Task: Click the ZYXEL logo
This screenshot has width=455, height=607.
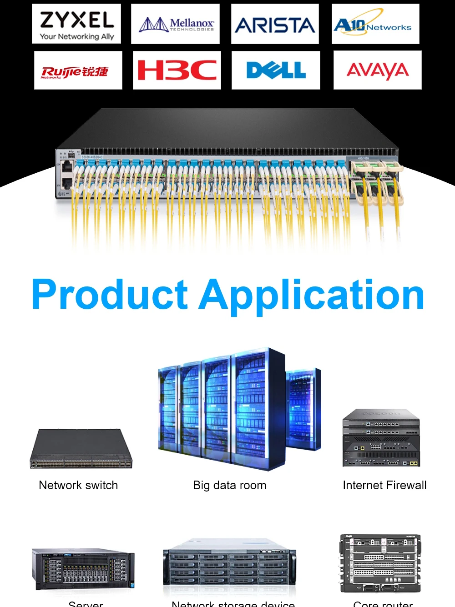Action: [x=76, y=20]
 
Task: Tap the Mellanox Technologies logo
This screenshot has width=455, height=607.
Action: [x=176, y=24]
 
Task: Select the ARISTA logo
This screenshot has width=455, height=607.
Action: [x=275, y=25]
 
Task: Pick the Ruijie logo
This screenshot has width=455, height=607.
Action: [x=75, y=72]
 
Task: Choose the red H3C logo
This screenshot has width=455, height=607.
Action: [x=177, y=70]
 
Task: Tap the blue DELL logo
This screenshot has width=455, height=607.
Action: [x=276, y=70]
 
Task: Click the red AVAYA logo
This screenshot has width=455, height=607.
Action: [x=378, y=70]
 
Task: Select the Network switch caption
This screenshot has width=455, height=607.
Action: [x=78, y=485]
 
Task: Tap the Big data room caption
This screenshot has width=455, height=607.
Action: [x=229, y=485]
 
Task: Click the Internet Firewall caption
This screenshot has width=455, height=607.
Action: [x=384, y=485]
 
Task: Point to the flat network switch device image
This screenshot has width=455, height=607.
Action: [x=81, y=449]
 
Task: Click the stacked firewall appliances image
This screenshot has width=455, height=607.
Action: [x=381, y=438]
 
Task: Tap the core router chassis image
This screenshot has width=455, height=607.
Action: [x=380, y=564]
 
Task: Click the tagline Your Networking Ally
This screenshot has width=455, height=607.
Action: [x=76, y=36]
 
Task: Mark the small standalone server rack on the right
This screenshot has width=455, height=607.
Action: [x=303, y=409]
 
